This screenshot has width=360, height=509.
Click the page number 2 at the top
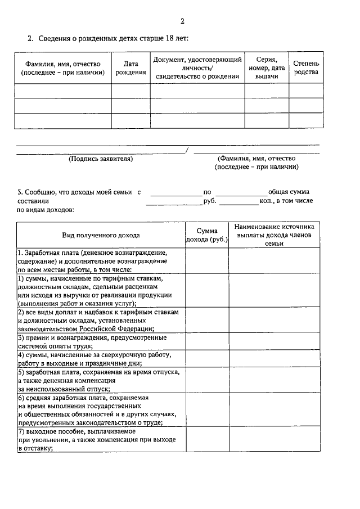182,21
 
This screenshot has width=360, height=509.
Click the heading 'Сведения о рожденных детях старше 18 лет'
112,39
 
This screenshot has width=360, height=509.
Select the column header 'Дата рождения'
130,68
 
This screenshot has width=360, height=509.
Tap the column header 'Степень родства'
306,68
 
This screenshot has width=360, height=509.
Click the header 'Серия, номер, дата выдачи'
267,68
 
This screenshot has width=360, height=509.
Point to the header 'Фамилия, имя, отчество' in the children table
63,68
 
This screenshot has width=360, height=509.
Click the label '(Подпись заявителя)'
101,159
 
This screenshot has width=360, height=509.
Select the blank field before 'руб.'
173,201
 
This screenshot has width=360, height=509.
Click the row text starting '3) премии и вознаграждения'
93,341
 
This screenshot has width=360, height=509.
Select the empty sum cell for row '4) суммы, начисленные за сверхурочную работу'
207,359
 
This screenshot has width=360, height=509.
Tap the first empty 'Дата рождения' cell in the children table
130,91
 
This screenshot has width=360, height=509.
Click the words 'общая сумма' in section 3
289,192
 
